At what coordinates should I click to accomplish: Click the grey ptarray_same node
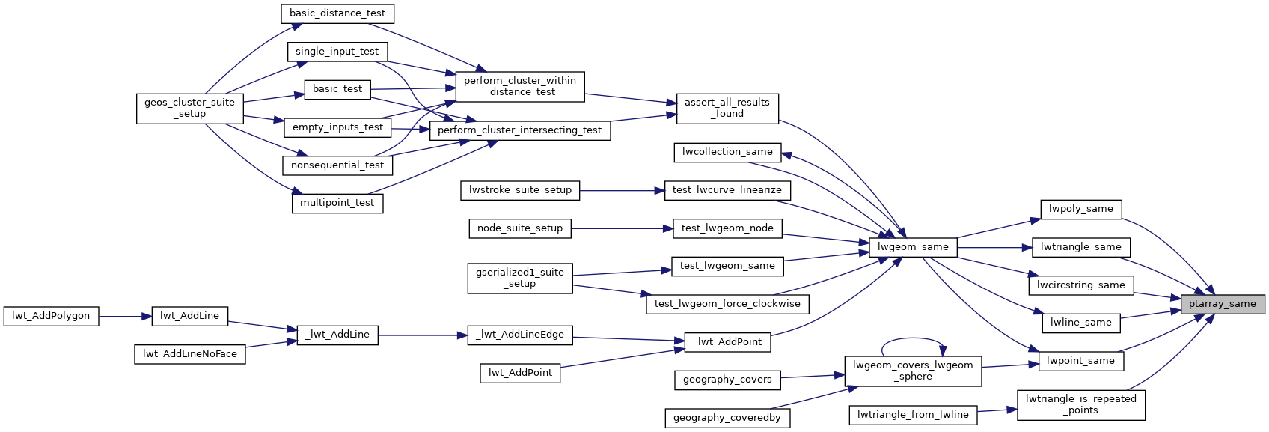[1223, 304]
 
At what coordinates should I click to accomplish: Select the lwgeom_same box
[913, 247]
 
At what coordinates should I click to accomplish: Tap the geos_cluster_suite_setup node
[189, 108]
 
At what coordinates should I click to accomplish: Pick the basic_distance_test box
[337, 13]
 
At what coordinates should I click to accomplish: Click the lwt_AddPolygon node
[51, 316]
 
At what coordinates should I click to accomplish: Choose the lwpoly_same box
[1080, 209]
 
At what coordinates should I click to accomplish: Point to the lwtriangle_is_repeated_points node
[1080, 404]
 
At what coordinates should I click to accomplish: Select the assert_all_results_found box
[727, 108]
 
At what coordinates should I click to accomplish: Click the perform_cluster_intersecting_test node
[519, 130]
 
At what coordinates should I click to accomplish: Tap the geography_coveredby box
[727, 418]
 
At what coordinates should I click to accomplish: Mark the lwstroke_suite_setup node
[520, 190]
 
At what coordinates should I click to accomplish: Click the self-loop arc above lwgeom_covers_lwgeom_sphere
[913, 339]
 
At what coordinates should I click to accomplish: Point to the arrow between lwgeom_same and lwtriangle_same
[994, 247]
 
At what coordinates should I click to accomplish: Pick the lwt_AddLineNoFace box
[189, 354]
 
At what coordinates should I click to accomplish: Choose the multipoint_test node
[337, 203]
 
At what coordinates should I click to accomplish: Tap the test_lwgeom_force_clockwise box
[727, 304]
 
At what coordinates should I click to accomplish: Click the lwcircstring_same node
[1080, 285]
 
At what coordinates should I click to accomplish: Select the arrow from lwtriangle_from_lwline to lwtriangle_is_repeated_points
[997, 410]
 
